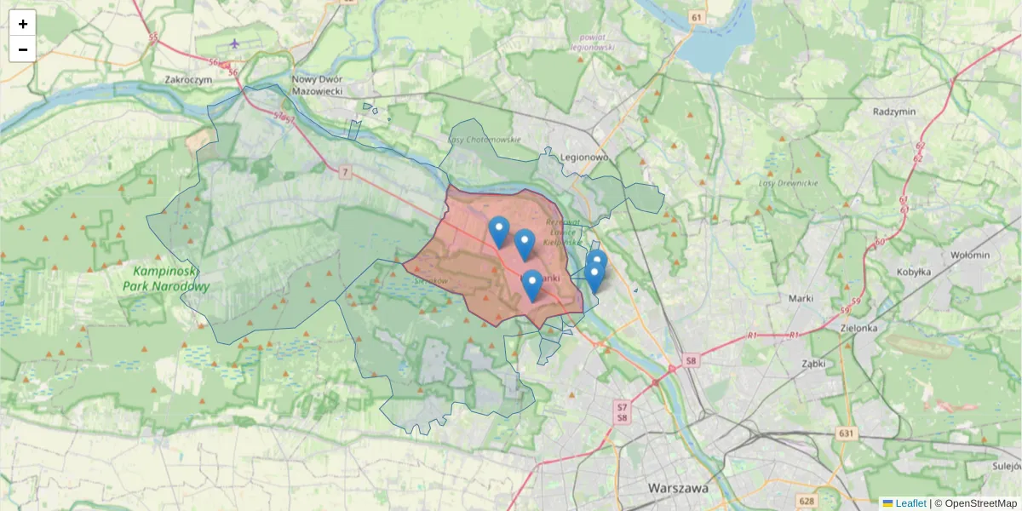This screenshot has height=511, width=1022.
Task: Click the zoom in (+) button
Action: [x=23, y=24]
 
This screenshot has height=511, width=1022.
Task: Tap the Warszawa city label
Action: [x=678, y=489]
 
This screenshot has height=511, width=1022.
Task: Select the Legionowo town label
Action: [x=584, y=158]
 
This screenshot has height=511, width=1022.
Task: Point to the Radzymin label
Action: [x=893, y=112]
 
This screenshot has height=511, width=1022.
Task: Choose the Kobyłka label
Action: [x=915, y=272]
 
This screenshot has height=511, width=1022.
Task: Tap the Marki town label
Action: [x=801, y=298]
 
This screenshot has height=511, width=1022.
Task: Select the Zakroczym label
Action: [x=188, y=78]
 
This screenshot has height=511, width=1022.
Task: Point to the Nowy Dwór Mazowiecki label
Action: [x=317, y=83]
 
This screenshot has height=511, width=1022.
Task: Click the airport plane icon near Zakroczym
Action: [x=235, y=43]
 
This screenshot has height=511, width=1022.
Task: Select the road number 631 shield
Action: [x=846, y=434]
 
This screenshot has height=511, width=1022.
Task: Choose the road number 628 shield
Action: [x=807, y=501]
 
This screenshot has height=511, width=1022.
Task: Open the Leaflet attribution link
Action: [x=910, y=503]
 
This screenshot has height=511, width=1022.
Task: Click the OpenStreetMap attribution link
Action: [x=980, y=503]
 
